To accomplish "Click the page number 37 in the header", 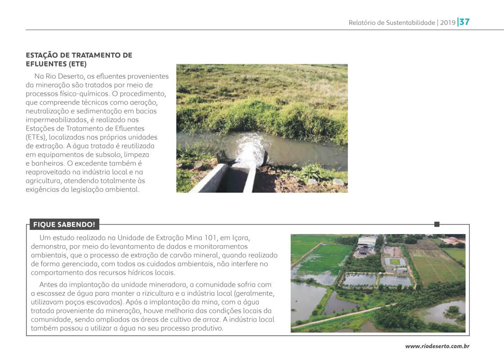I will (464, 22).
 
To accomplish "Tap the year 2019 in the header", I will (447, 22).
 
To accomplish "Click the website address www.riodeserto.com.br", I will (437, 346).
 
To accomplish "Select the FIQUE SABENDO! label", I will (64, 224).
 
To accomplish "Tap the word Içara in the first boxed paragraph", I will (239, 237).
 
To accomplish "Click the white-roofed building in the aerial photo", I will (367, 242).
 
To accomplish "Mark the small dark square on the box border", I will (436, 224).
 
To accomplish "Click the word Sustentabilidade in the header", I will (410, 22).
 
